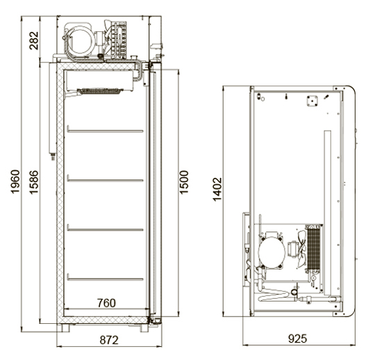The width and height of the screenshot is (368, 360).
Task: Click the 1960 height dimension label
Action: [x=15, y=181]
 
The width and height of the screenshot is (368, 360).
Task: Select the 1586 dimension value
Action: [x=34, y=182]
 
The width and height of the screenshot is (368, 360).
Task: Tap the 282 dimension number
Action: [x=34, y=40]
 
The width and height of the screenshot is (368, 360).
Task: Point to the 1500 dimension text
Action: [x=184, y=182]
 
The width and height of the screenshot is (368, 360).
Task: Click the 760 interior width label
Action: [x=106, y=303]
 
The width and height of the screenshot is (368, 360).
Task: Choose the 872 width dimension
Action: [x=109, y=340]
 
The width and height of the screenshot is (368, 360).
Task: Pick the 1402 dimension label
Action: [x=217, y=190]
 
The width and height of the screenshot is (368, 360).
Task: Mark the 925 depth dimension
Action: [x=297, y=338]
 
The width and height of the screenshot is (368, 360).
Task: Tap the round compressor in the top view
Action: [x=271, y=252]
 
